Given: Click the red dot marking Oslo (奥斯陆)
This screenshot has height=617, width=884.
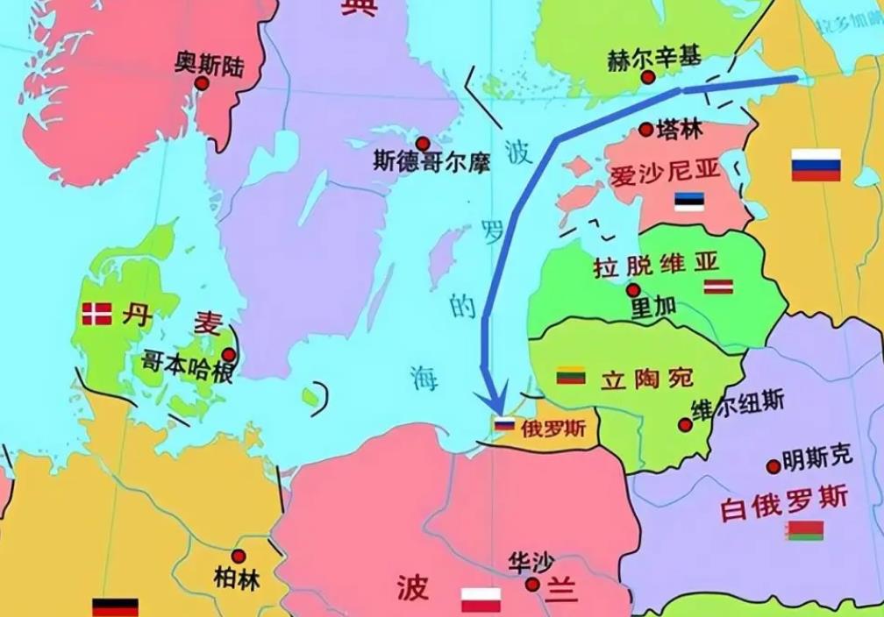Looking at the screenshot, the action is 202,83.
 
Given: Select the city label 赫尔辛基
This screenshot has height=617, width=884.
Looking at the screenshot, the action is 654,58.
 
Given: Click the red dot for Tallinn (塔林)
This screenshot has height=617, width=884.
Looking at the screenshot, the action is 645,130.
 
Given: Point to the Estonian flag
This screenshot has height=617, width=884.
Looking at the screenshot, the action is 689,202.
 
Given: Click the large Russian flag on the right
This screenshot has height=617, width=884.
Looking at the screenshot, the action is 816,165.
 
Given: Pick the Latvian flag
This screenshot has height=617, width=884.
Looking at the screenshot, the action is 717,286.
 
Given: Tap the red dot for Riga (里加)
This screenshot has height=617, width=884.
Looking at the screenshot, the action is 632,290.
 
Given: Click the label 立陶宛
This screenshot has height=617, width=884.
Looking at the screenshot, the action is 647,379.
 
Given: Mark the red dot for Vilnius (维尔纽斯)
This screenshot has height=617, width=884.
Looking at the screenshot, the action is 684,425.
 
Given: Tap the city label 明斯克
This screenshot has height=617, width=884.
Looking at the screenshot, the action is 817,456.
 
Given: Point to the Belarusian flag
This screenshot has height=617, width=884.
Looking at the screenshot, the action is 805,530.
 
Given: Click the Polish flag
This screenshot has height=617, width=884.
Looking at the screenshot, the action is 481,600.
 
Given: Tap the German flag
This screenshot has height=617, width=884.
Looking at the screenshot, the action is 115,607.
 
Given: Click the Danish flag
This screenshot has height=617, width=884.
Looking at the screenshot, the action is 96,314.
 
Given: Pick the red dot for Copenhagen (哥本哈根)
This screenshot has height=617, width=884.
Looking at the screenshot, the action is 228,355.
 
